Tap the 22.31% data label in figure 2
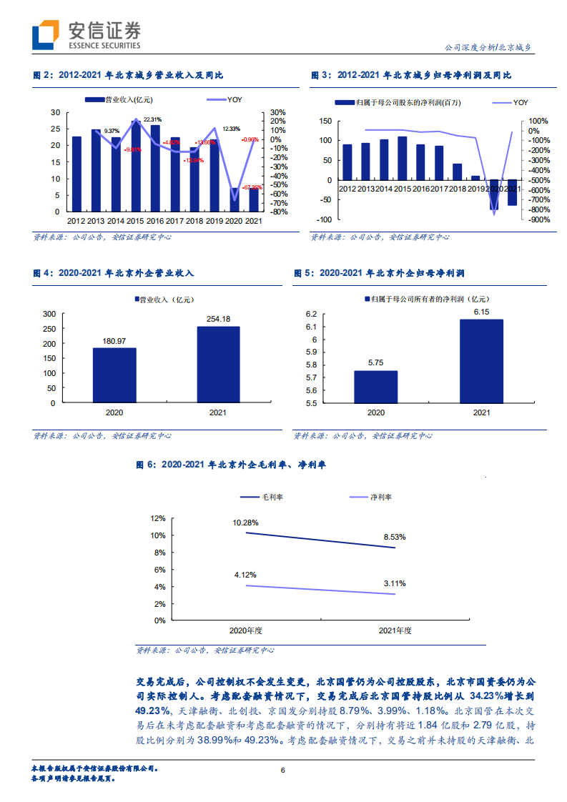tap(152, 119)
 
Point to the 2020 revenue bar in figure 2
tap(234, 199)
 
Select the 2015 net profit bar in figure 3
tap(403, 158)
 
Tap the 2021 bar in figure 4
tap(219, 364)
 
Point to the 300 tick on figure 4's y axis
tap(49, 314)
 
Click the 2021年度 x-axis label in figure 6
tap(395, 630)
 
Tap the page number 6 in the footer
tap(283, 770)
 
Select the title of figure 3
tap(410, 75)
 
